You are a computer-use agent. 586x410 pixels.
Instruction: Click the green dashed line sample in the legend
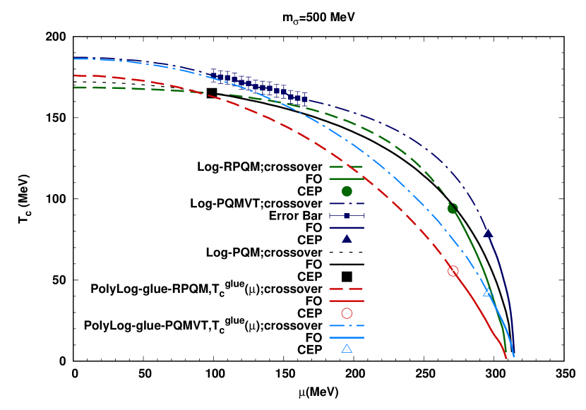[346, 167]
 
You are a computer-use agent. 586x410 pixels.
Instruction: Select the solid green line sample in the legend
[346, 179]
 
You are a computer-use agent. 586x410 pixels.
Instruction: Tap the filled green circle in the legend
[347, 191]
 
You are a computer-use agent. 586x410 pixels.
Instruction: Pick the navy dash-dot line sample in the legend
[346, 204]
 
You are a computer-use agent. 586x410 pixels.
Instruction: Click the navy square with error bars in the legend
[347, 215]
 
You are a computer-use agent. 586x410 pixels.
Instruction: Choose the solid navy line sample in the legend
[346, 228]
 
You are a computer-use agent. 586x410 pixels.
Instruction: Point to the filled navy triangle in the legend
[347, 239]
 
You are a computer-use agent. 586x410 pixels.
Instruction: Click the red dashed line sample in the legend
[346, 289]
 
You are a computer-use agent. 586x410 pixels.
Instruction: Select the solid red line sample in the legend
[346, 301]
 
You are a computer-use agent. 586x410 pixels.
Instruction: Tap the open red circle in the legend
[347, 313]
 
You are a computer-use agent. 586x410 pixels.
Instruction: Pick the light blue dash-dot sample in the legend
[346, 325]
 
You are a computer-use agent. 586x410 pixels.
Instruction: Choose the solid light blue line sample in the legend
[346, 337]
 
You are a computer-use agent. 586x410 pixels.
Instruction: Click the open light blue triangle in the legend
[347, 349]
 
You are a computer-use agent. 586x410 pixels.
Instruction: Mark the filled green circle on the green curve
[452, 208]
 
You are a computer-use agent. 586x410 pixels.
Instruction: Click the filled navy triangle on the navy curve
[488, 234]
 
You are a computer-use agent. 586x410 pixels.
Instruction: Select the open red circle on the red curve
[453, 271]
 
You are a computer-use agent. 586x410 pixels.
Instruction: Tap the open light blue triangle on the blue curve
[488, 291]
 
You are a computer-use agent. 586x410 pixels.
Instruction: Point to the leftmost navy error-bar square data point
[213, 73]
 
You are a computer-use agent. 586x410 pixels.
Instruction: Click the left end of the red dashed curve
[75, 76]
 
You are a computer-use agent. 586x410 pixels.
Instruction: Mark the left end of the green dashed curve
[75, 88]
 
